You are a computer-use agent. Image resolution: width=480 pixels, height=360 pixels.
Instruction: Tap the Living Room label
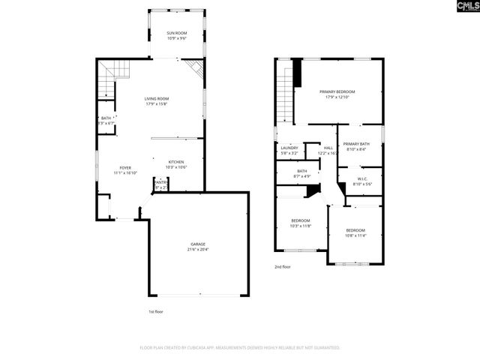[x=157, y=98]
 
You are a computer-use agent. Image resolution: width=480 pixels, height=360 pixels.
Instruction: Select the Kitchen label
[x=176, y=162]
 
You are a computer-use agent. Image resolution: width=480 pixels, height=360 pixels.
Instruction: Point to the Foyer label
[x=124, y=167]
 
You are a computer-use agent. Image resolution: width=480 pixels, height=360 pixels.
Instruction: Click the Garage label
[x=198, y=244]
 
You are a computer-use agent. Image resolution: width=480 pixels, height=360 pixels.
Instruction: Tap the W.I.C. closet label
[x=361, y=178]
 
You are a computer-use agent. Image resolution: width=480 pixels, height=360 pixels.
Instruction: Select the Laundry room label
[x=289, y=148]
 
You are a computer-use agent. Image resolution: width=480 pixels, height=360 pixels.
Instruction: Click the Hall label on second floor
[x=328, y=148]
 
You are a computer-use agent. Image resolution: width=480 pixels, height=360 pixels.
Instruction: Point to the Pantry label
[x=160, y=181]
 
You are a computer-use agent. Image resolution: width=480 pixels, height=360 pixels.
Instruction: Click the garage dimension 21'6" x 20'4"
[x=198, y=250]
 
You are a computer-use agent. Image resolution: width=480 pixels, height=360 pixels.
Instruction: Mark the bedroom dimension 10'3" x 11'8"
[x=301, y=225]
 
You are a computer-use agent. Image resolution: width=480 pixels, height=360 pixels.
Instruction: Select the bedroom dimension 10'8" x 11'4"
[x=355, y=235]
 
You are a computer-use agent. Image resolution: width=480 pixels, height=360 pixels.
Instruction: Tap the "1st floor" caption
[x=156, y=310]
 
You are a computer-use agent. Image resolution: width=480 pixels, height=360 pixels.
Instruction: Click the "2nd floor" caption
[x=283, y=265]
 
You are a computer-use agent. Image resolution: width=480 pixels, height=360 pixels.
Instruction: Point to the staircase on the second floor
[x=284, y=94]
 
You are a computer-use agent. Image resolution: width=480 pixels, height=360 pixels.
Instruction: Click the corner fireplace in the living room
[x=196, y=69]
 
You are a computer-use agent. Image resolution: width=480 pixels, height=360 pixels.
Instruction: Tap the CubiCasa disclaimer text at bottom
[x=240, y=348]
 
